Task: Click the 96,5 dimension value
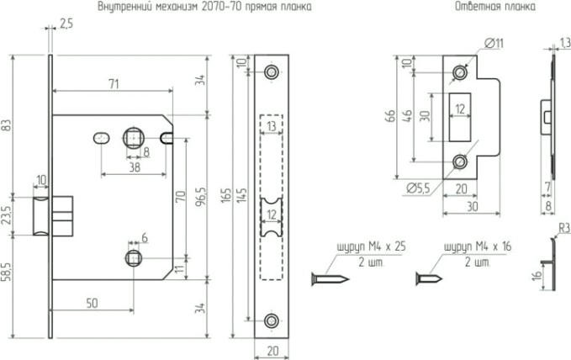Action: point(199,195)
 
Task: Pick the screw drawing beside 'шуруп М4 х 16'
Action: point(431,277)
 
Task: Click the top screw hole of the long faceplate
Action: point(271,73)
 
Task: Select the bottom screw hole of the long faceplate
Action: point(271,320)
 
